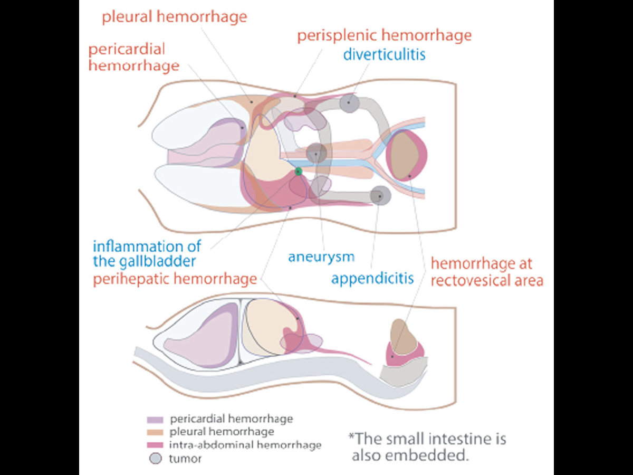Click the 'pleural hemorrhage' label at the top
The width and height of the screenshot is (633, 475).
point(175,17)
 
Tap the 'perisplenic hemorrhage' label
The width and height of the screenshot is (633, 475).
point(385,36)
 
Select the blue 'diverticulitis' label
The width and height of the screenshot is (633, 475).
point(385,54)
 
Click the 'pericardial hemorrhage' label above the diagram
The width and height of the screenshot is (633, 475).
point(134,57)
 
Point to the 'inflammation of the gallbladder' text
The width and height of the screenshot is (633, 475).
point(147,254)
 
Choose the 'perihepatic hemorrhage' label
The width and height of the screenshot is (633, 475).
point(175,279)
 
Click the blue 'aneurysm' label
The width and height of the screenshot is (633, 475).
point(321,256)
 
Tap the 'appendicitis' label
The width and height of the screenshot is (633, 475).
point(372,279)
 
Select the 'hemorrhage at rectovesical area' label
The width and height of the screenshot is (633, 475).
point(487,272)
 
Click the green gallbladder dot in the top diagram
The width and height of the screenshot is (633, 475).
point(298,172)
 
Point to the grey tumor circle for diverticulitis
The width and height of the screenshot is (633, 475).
point(349,103)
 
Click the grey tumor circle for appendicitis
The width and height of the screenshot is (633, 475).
point(380,196)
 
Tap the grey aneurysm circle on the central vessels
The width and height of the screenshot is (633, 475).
point(316,154)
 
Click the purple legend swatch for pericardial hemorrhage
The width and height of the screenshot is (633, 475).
point(155,420)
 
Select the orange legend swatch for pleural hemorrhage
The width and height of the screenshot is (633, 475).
point(155,432)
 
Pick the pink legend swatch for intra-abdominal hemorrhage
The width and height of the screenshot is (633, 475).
point(155,445)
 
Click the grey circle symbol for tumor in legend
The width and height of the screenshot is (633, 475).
point(156,459)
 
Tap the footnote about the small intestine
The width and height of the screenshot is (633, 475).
point(427,447)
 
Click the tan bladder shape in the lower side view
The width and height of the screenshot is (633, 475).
point(402,337)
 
